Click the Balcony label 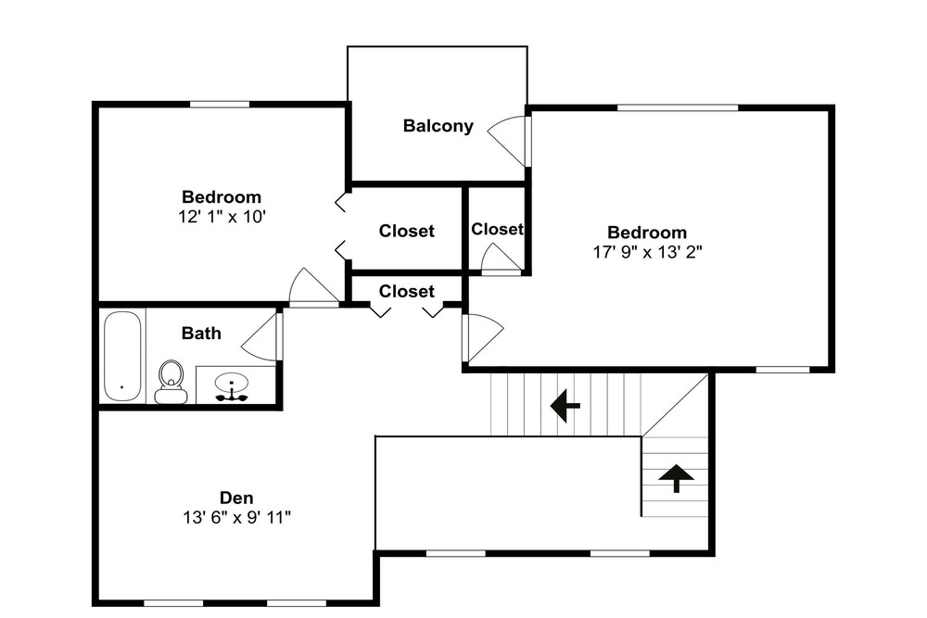point(438,126)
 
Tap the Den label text point(236,498)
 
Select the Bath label point(201,334)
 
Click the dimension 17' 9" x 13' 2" point(647,252)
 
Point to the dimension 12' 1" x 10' point(222,217)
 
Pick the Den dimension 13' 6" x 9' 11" point(236,518)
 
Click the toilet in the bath point(171,382)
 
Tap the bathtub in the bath point(122,357)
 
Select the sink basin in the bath point(232,383)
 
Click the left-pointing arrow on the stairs point(565,406)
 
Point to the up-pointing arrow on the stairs point(677,478)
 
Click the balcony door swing point(507,141)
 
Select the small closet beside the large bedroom point(497,231)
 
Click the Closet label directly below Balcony point(407,231)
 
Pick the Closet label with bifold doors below point(407,291)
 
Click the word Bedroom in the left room point(222,196)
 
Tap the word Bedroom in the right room point(647,233)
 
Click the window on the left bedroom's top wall point(220,105)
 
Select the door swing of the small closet point(502,259)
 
